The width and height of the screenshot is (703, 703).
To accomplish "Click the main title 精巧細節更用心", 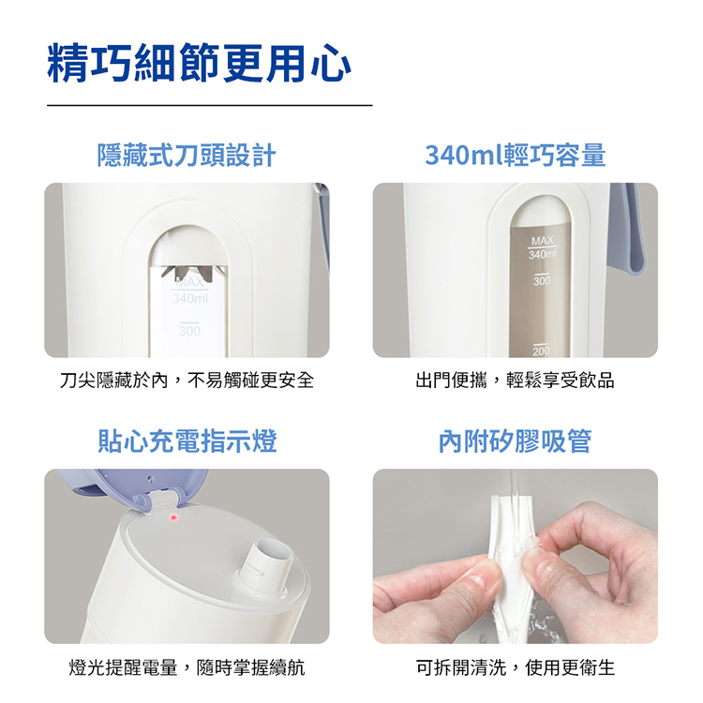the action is [199, 63].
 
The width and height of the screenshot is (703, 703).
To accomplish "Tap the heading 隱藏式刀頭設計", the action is [187, 155].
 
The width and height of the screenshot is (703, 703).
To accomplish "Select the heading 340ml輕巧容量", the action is [516, 155].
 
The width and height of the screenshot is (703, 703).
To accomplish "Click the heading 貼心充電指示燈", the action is [187, 441].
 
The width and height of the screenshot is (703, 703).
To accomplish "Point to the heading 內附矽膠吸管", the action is [516, 441].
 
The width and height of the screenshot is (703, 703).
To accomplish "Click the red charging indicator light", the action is [172, 517].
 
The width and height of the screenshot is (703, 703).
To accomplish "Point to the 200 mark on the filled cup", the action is [541, 350].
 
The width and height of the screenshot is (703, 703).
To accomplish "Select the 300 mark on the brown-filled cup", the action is [542, 279].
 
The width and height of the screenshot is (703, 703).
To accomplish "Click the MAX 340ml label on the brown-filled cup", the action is [542, 247].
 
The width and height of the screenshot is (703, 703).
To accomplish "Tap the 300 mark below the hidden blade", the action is [189, 330].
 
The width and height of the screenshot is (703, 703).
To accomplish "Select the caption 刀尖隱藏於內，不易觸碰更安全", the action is [187, 381].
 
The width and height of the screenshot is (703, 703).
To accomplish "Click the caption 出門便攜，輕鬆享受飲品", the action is [515, 381].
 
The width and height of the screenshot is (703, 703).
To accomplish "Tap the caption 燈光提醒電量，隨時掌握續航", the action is [187, 667].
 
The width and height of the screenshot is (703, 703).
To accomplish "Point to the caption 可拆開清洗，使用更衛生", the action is [515, 667].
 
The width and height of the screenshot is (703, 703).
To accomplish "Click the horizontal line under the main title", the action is [210, 105].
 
